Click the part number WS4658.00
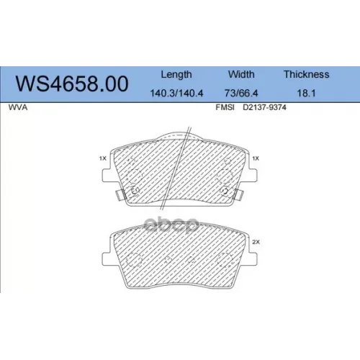[72, 84]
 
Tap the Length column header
[176, 75]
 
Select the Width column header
[241, 74]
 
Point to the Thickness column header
[307, 74]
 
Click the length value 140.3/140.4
[176, 93]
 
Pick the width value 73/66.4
[241, 93]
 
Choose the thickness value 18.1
[306, 93]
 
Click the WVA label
[18, 107]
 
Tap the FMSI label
[225, 107]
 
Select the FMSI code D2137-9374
[264, 107]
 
